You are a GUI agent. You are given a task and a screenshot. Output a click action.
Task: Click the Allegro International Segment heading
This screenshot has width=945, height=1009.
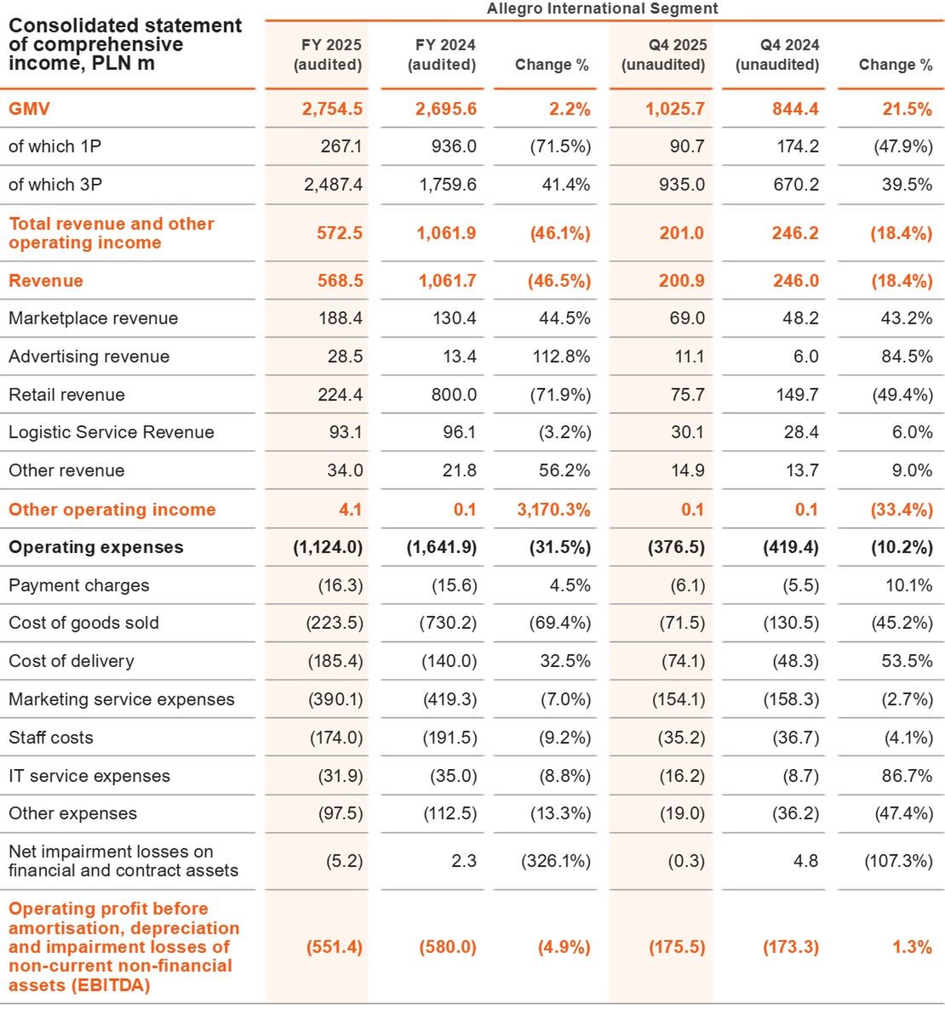click(x=602, y=9)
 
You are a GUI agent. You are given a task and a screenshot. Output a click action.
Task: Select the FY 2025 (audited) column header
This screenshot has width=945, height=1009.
click(x=328, y=54)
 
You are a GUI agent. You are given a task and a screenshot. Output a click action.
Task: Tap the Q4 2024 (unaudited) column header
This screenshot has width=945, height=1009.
click(x=777, y=54)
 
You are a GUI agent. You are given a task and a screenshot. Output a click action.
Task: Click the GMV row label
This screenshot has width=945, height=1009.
click(x=30, y=109)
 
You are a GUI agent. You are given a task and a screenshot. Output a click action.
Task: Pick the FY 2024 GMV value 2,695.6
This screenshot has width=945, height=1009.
click(x=447, y=109)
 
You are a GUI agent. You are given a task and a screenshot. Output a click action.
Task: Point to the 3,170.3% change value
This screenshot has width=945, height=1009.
click(x=553, y=510)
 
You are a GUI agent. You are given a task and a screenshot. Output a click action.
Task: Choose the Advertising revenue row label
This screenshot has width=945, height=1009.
click(x=89, y=356)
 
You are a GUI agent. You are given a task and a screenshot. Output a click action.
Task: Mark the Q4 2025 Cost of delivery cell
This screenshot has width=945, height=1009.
click(x=682, y=661)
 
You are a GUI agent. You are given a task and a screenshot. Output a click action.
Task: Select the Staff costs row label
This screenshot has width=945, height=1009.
click(x=51, y=738)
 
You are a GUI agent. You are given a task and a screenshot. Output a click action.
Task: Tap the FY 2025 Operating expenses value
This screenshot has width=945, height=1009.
click(x=328, y=547)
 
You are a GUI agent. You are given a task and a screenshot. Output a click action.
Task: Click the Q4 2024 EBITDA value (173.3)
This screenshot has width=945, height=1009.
click(x=791, y=947)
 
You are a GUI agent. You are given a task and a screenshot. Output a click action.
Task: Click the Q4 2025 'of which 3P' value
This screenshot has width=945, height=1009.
click(x=682, y=185)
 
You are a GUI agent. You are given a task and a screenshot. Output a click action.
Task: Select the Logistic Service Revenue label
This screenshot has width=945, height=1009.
click(x=112, y=432)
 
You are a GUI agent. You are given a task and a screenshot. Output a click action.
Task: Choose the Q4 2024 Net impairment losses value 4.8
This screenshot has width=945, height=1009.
click(x=805, y=861)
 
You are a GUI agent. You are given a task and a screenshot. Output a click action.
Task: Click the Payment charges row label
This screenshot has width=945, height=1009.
click(x=79, y=585)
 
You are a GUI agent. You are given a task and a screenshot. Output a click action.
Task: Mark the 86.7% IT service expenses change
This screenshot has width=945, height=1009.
click(x=907, y=776)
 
